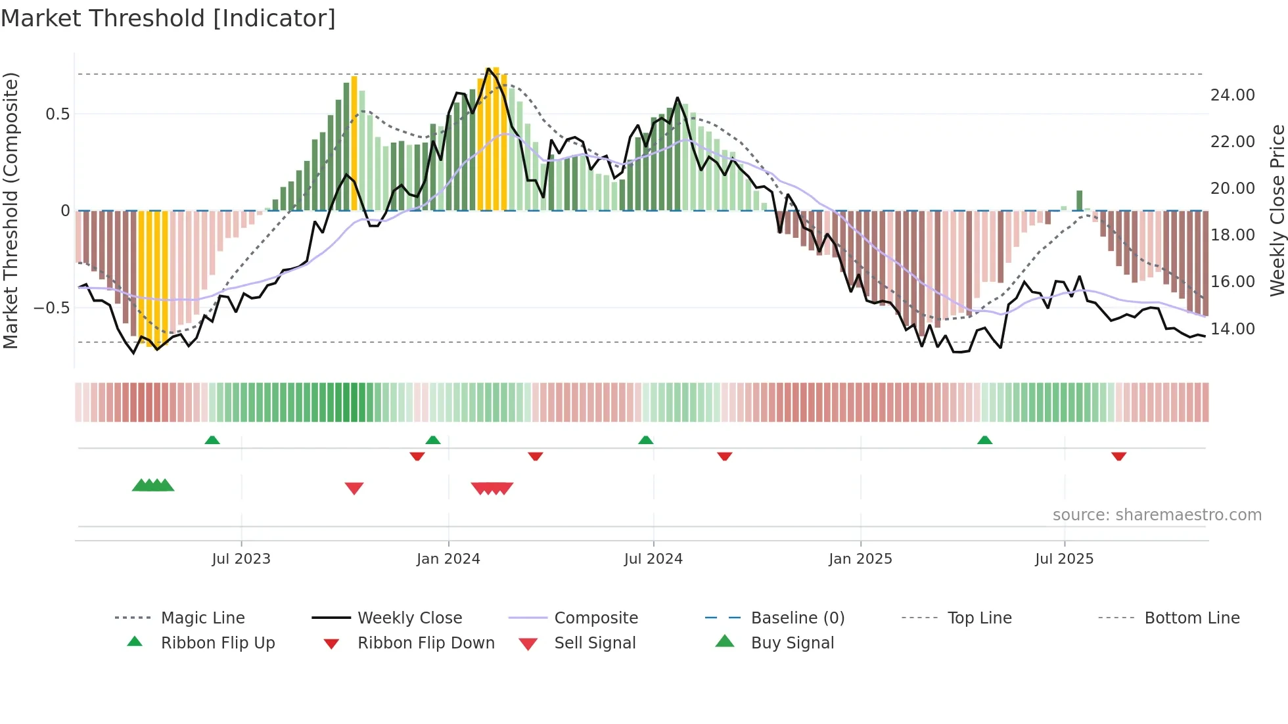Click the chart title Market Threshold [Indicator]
click(x=168, y=18)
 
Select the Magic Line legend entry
click(x=202, y=618)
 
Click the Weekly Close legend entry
click(x=409, y=618)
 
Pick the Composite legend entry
click(x=595, y=618)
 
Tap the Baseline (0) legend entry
click(x=797, y=618)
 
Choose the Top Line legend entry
click(x=979, y=618)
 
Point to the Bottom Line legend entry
click(x=1191, y=618)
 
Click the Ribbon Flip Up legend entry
click(x=218, y=643)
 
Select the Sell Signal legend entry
click(x=595, y=643)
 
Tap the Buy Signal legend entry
click(x=792, y=643)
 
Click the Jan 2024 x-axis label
click(x=448, y=559)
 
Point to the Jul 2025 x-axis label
click(x=1064, y=559)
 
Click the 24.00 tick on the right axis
click(x=1232, y=95)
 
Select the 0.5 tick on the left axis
click(x=57, y=114)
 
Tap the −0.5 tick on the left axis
click(x=52, y=308)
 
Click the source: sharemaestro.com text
click(x=1157, y=515)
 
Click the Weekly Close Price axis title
click(x=1277, y=210)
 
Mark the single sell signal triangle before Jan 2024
click(x=354, y=488)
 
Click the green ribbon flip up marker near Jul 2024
click(x=646, y=440)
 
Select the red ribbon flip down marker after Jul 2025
click(x=1119, y=456)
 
